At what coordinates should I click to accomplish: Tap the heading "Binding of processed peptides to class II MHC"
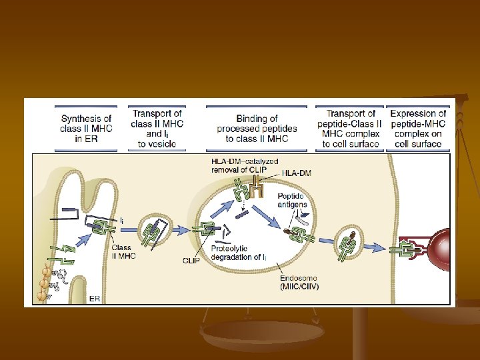coord(257,129)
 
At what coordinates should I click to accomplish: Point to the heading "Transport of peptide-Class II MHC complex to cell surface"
coord(350,128)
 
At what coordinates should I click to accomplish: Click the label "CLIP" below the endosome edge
coord(192,261)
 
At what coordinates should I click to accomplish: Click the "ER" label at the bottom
coord(95,299)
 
